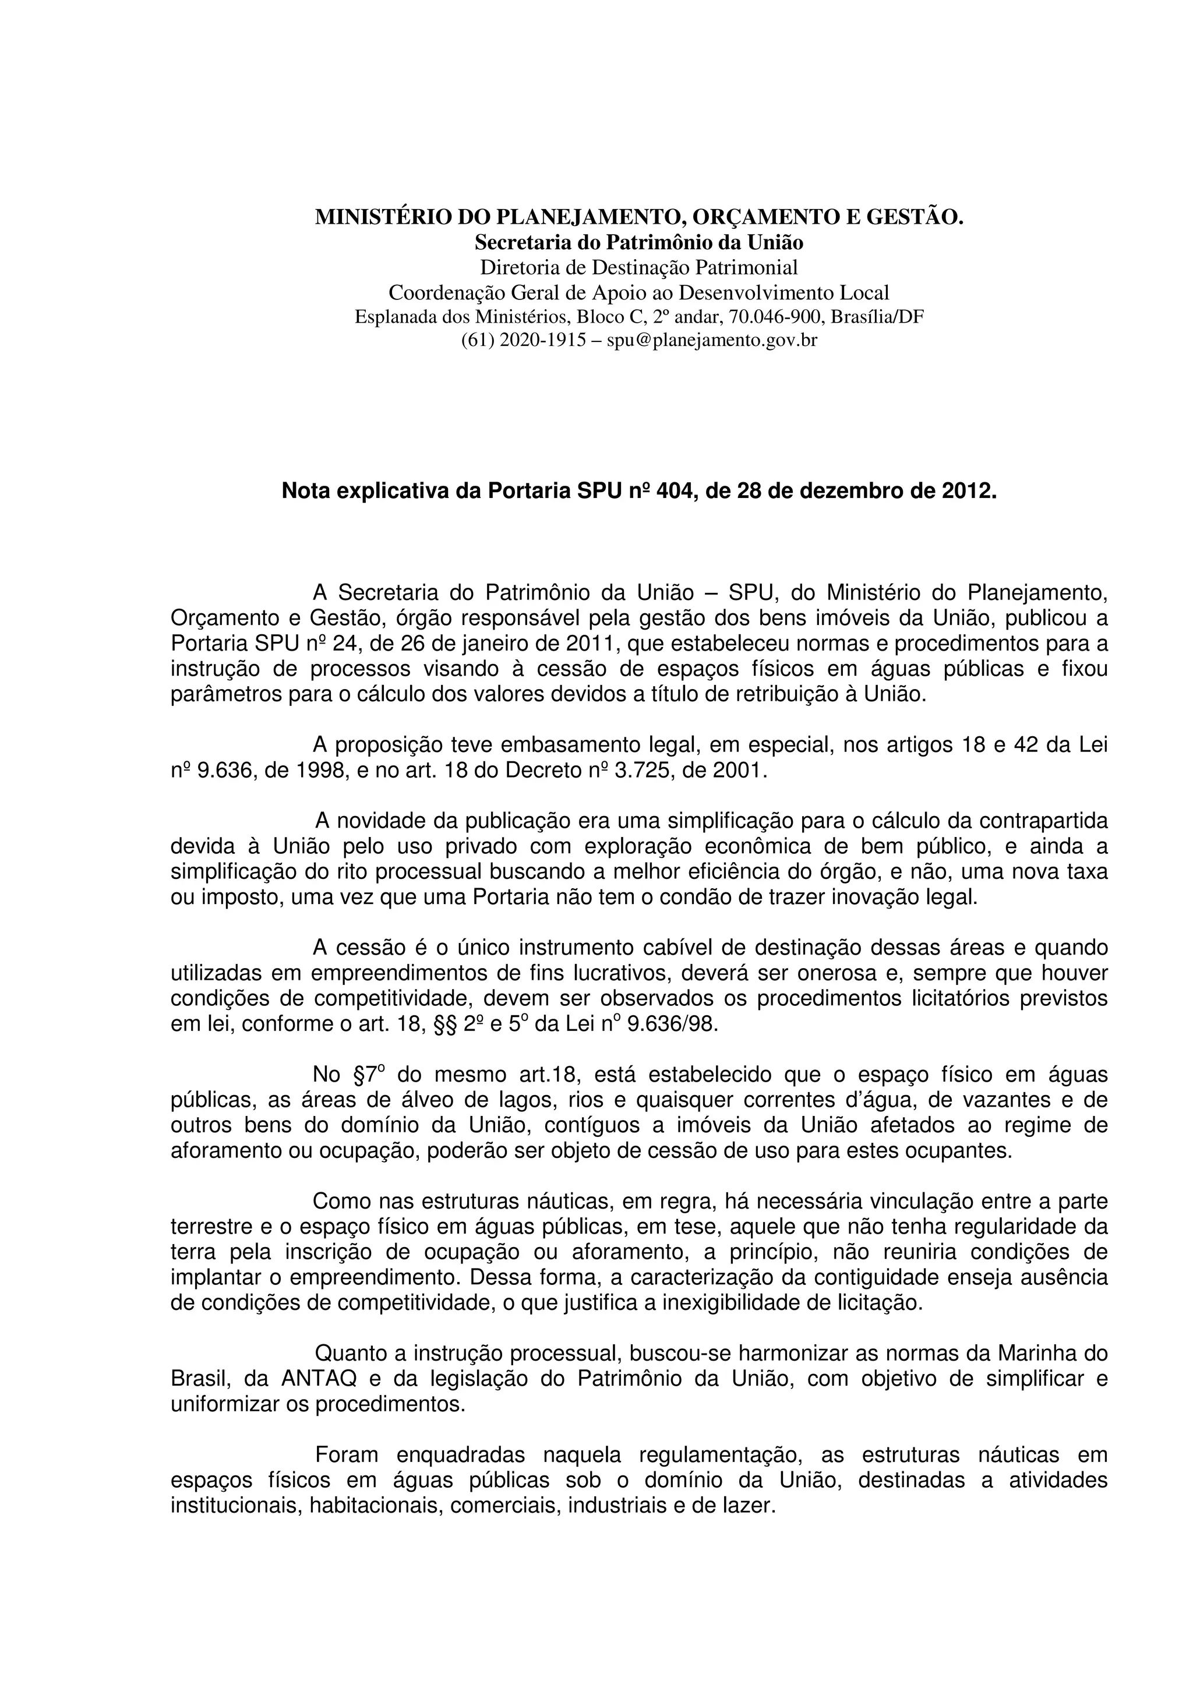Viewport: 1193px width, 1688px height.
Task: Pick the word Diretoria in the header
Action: (519, 267)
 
